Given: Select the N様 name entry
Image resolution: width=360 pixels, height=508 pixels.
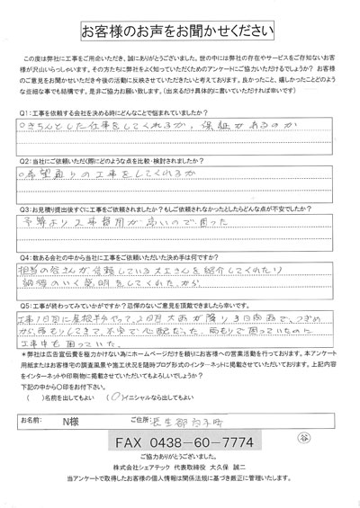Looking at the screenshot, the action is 91,422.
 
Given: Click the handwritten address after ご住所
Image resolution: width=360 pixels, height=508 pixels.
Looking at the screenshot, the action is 256,421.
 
